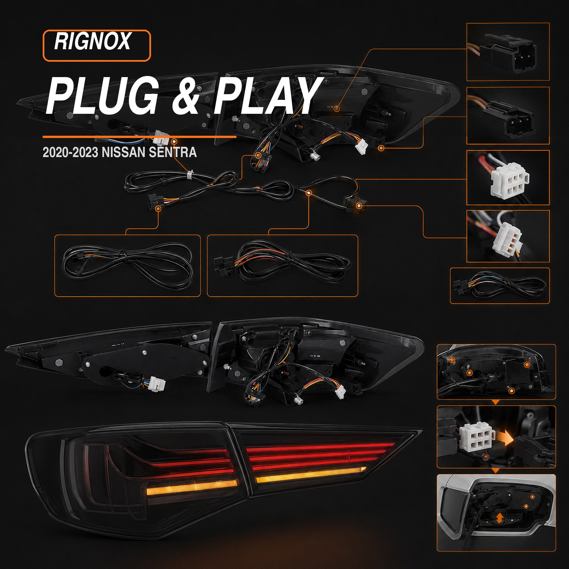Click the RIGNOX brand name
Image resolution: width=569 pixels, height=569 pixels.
click(x=92, y=41)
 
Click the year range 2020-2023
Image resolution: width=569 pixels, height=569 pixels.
click(x=70, y=152)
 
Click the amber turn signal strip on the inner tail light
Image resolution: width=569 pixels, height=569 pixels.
click(x=311, y=475)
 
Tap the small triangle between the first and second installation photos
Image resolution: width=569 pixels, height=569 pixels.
click(x=496, y=402)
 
